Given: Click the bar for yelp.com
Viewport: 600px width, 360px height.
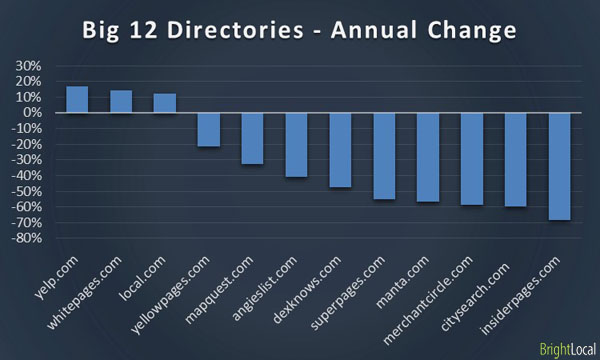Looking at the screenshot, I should [x=77, y=99].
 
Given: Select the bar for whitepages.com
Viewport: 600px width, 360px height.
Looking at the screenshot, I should [x=121, y=101].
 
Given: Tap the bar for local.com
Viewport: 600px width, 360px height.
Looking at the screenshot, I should [x=165, y=102].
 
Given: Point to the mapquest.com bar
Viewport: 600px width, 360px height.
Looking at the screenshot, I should [x=252, y=138].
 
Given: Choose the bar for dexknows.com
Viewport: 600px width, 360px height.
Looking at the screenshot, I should [x=340, y=150].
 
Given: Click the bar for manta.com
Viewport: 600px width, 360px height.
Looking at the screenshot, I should [x=428, y=157].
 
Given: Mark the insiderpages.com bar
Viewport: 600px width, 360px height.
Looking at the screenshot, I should [x=560, y=166].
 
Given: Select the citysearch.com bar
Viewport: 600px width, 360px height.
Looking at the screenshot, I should [x=516, y=160].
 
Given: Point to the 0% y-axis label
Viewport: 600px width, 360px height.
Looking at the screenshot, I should [x=31, y=113].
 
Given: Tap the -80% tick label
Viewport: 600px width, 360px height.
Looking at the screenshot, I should [x=25, y=239].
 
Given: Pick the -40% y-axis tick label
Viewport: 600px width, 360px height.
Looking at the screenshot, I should [x=25, y=176].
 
